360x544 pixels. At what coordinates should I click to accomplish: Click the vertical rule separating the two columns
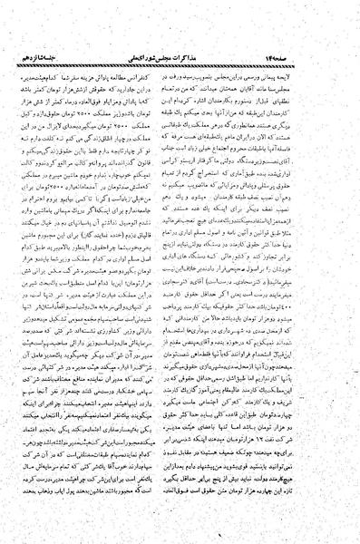point(180,272)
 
